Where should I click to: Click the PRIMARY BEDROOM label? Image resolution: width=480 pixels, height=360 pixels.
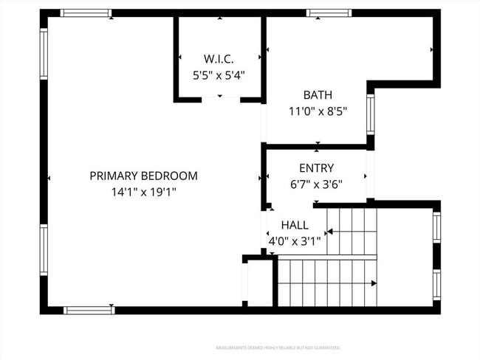tap(143, 176)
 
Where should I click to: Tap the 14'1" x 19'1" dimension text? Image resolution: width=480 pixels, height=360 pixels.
tap(143, 192)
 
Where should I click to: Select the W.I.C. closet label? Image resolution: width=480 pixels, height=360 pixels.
tap(219, 58)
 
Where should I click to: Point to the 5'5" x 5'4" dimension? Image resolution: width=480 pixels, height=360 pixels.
tap(219, 75)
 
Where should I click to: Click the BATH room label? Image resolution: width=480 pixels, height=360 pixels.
tap(318, 94)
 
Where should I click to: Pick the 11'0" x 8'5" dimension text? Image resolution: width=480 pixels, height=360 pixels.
tap(318, 111)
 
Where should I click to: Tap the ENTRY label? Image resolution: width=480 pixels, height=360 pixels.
tap(316, 167)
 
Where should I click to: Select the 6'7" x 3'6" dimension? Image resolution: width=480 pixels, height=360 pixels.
tap(316, 184)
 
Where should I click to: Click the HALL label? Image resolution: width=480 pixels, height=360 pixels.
tap(295, 224)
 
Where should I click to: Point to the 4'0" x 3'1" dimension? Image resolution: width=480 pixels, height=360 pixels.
tap(295, 240)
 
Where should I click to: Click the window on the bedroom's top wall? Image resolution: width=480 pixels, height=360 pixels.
tap(86, 13)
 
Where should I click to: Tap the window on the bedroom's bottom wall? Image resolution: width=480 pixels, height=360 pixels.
tap(89, 310)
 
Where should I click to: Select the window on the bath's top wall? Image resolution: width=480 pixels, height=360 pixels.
tap(329, 13)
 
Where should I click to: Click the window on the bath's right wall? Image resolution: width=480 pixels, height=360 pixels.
tap(371, 114)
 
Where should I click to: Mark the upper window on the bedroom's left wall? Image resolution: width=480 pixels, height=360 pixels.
tap(44, 54)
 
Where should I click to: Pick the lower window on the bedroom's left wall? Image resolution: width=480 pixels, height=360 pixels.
tap(44, 250)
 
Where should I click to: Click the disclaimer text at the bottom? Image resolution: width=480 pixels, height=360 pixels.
tap(277, 347)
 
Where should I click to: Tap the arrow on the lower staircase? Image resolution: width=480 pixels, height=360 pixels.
tap(374, 283)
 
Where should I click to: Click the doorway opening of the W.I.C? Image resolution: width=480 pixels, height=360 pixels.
tap(219, 99)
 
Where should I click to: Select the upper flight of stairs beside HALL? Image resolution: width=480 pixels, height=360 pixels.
tap(352, 232)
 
